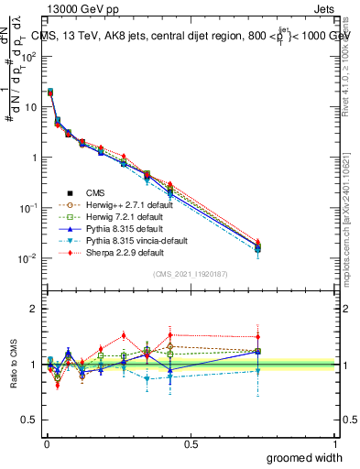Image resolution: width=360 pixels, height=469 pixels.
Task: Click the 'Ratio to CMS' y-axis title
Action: [12, 365]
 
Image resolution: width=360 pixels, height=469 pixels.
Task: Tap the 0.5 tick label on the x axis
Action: [191, 443]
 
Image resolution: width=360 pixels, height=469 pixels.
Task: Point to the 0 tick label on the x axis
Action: [46, 443]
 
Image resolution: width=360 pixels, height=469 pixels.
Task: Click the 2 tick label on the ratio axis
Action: [35, 309]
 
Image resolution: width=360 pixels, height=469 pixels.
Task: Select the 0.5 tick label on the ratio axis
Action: [30, 421]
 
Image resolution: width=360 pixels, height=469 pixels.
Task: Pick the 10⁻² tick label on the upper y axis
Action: [27, 258]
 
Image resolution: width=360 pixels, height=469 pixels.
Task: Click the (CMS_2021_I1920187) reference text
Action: [191, 275]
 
